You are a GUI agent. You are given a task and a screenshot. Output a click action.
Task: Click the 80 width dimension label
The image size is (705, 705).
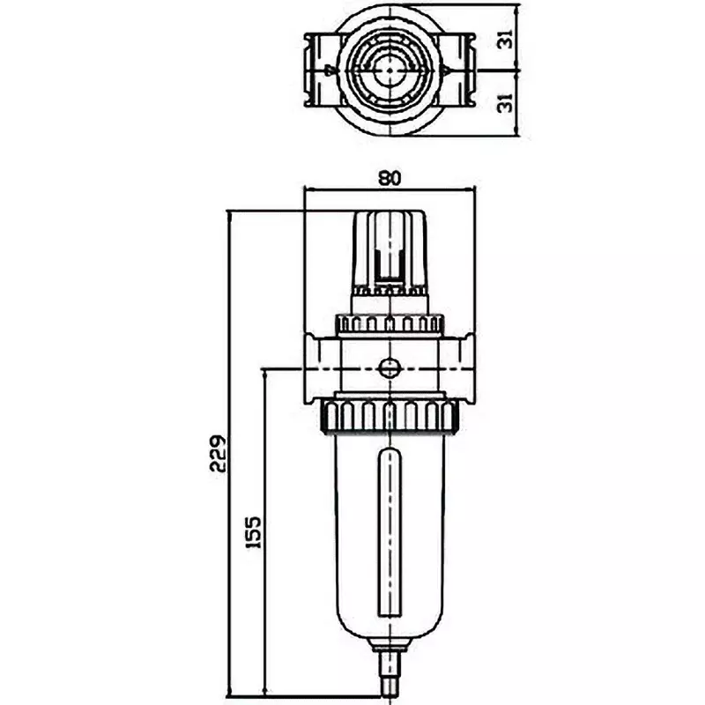point(389,177)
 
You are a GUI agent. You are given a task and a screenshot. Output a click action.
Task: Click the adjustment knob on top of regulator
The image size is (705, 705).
point(389,247)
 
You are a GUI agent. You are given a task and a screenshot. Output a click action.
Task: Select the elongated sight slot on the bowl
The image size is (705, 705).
point(389,536)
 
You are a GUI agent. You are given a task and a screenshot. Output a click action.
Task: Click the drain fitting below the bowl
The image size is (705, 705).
point(389,674)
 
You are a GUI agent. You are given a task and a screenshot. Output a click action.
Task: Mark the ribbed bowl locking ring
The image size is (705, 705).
point(389,413)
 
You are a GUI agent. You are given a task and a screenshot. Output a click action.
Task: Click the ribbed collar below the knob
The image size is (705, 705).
point(389,323)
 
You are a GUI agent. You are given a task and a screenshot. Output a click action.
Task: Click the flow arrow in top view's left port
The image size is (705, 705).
point(330,68)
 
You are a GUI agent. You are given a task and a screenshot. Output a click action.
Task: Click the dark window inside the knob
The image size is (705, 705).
point(389,261)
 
